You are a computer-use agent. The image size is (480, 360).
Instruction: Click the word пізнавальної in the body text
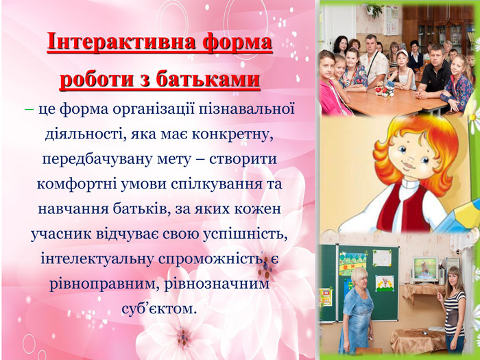coord(247,109)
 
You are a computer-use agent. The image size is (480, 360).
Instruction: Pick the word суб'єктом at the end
coord(158,309)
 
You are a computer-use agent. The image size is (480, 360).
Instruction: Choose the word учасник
coord(61,235)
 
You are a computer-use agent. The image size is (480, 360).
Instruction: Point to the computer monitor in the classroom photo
coord(425,269)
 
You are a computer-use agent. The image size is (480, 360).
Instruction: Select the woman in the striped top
coord(454,309)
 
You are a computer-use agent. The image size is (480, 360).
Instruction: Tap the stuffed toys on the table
coord(385,89)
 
